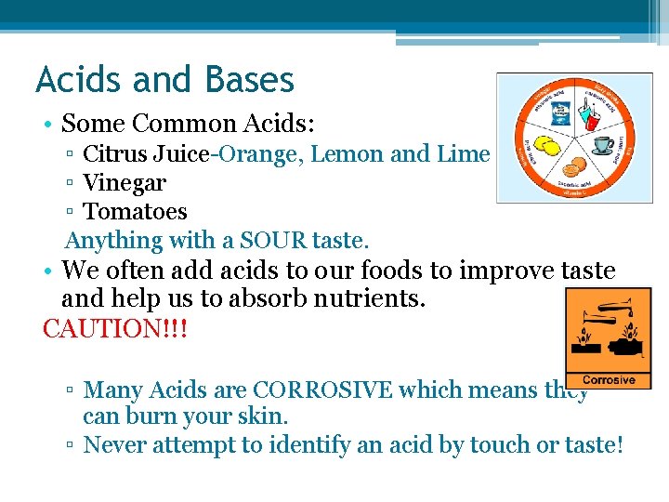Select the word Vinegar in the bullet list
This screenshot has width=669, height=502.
(125, 183)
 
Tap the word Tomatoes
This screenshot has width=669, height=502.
(135, 212)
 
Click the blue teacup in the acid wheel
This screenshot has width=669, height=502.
(603, 144)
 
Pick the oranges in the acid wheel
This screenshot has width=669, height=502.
(575, 168)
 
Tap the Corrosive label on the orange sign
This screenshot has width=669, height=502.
(609, 379)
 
